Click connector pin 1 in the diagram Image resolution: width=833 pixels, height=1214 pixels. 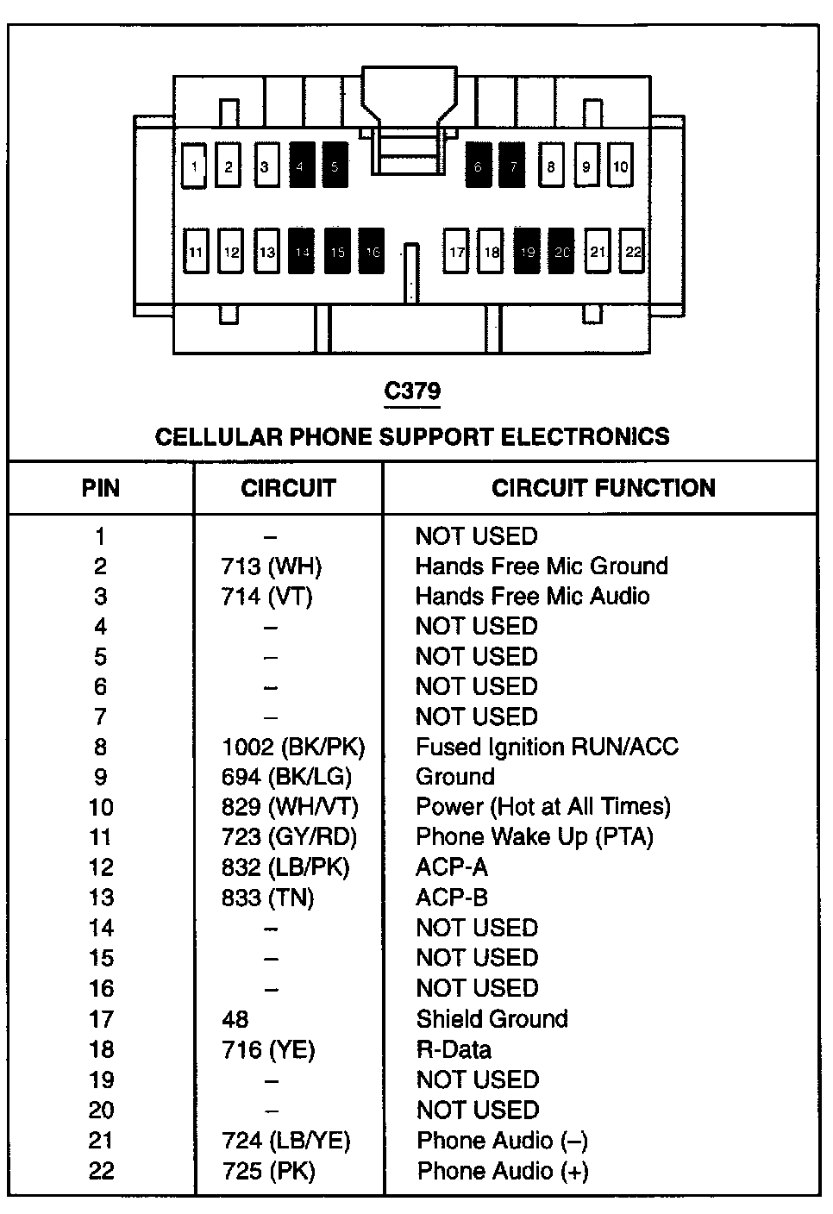tap(195, 166)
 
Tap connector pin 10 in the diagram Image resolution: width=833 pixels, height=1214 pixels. tap(621, 166)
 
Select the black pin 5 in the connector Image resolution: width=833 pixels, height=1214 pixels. tap(335, 166)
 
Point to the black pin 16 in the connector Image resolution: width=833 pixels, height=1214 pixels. tap(372, 252)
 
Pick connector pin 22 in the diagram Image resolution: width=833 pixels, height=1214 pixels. tap(634, 252)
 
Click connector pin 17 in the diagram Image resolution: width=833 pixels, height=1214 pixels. tap(456, 252)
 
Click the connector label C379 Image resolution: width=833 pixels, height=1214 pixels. tap(412, 391)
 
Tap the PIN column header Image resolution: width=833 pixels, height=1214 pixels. tap(101, 488)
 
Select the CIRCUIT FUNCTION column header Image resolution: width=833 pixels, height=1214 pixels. tap(603, 488)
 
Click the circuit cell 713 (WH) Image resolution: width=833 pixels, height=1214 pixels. tap(271, 566)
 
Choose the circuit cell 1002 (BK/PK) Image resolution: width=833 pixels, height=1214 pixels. tap(293, 747)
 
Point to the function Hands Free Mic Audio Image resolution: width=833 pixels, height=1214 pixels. tap(532, 597)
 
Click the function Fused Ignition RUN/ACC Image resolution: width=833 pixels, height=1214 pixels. tap(547, 747)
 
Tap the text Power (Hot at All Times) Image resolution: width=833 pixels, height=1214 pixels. tap(542, 807)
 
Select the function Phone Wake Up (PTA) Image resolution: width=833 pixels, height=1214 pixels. tap(534, 837)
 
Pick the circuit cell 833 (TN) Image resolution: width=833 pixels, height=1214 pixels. tap(267, 898)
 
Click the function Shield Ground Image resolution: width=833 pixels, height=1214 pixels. tap(492, 1019)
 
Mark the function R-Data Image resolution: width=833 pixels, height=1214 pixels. tap(454, 1049)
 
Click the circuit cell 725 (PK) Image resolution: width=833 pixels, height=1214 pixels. tap(268, 1171)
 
